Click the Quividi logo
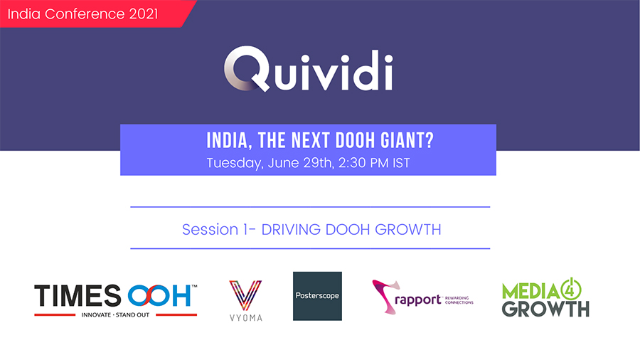coord(308,69)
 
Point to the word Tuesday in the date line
coord(235,163)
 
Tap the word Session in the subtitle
coord(210,229)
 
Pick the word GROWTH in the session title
coord(407,229)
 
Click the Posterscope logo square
coord(317,296)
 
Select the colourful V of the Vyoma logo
coord(245,295)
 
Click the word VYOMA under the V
coord(246,317)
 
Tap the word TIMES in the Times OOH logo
coord(78,295)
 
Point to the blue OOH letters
coord(159,295)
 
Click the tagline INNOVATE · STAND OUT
coord(115,314)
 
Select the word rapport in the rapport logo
coord(418,300)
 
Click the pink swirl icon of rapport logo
coord(385,296)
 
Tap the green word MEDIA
coord(530,292)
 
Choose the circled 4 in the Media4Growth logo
coord(571,289)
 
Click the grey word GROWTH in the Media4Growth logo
coord(545,309)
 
